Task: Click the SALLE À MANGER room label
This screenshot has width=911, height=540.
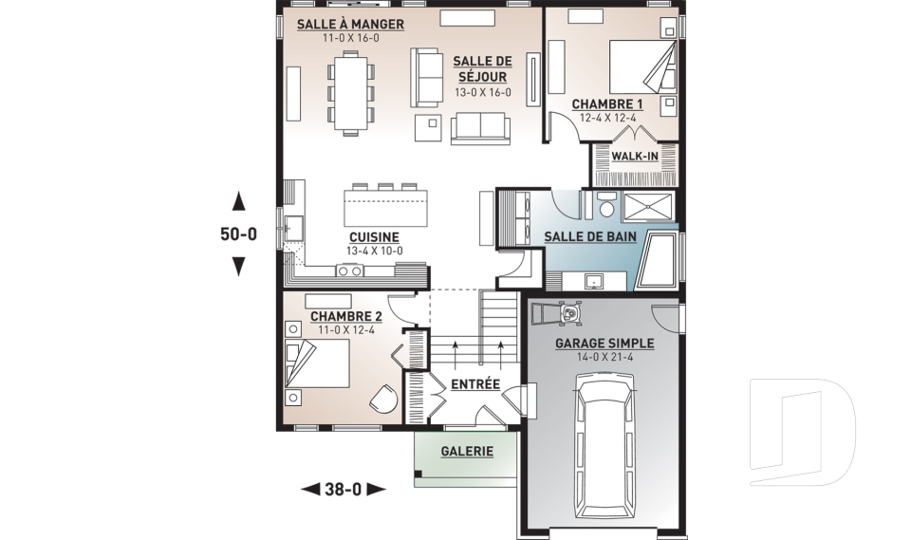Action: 350,25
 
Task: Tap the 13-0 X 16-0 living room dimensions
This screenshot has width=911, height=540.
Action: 483,92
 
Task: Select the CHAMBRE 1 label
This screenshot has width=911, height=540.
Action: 607,104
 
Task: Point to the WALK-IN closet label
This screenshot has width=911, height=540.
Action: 635,157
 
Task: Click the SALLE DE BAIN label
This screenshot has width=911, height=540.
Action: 590,236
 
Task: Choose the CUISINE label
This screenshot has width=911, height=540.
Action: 374,237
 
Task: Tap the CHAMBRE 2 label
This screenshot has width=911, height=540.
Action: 346,316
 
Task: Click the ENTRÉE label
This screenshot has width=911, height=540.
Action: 475,384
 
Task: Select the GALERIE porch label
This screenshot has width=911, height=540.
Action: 467,451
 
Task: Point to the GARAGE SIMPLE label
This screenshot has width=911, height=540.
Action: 604,344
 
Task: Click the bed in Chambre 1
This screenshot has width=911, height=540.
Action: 642,65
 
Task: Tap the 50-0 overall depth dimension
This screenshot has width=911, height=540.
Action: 238,233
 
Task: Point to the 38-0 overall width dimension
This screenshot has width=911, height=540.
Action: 343,490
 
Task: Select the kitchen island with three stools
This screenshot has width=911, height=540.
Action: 385,205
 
